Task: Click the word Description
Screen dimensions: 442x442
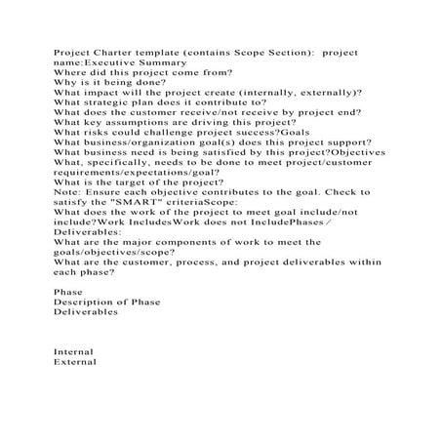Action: pyautogui.click(x=85, y=302)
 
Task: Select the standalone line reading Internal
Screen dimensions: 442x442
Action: pyautogui.click(x=73, y=352)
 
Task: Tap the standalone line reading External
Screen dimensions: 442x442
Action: pyautogui.click(x=74, y=362)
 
